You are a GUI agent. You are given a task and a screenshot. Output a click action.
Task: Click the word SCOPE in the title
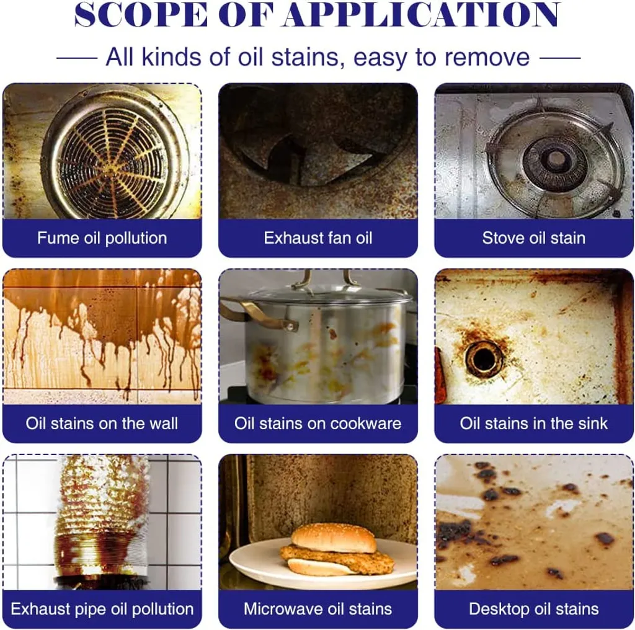click(141, 15)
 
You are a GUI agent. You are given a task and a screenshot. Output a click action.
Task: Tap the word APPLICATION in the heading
click(422, 15)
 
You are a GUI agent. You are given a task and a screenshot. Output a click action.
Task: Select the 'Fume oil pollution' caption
click(102, 237)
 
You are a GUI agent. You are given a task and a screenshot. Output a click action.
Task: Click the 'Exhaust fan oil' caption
click(318, 237)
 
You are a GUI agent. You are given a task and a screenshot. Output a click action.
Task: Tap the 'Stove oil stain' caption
click(534, 237)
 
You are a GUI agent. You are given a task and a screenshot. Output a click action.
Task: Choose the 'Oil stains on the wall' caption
click(102, 423)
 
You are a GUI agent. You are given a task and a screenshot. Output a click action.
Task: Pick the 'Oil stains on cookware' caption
click(318, 423)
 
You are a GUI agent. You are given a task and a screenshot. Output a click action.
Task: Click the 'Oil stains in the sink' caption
click(534, 423)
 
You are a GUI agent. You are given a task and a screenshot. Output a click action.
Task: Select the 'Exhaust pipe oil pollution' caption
click(102, 609)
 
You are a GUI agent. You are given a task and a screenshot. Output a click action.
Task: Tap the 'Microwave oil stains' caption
click(318, 609)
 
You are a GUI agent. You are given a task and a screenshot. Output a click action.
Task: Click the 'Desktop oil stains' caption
click(534, 609)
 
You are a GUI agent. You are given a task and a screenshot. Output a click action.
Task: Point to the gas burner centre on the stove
click(555, 159)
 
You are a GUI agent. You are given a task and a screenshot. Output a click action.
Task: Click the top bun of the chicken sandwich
click(334, 538)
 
